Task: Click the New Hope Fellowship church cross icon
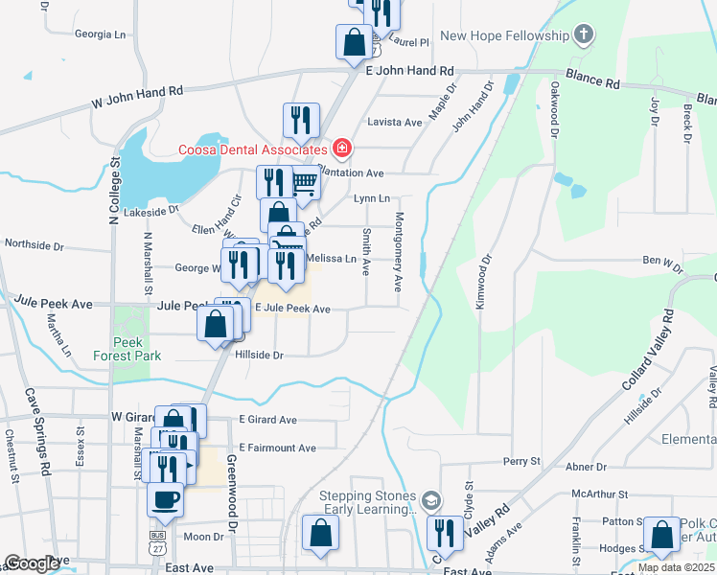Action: point(584,35)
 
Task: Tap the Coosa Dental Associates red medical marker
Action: point(342,149)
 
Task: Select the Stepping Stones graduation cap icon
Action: point(432,500)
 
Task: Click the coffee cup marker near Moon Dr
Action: point(165,499)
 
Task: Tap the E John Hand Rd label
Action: point(409,71)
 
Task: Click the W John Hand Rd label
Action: point(137,96)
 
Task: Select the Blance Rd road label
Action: point(591,80)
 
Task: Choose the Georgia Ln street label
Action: point(101,34)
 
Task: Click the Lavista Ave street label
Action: point(395,123)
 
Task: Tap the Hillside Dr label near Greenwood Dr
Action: point(260,355)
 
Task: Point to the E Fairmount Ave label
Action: point(278,448)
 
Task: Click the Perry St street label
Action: point(522,461)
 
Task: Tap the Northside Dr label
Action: point(34,245)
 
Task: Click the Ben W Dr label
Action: point(662,260)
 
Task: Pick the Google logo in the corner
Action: point(31,563)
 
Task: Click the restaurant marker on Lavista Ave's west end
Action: point(301,120)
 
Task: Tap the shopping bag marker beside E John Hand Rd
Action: point(354,41)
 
